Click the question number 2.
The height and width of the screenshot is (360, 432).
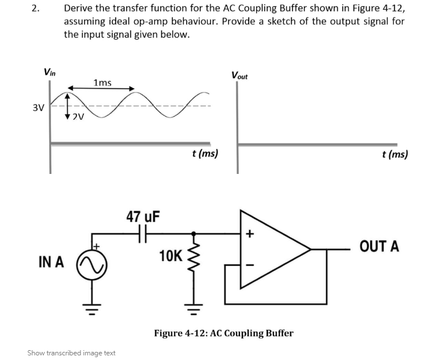point(36,9)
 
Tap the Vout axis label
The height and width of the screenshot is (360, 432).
point(239,75)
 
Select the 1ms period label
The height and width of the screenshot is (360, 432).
point(102,83)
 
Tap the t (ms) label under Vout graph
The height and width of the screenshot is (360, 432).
point(395,154)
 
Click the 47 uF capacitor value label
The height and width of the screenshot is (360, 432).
point(143,217)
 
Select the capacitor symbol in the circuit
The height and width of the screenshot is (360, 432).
point(143,233)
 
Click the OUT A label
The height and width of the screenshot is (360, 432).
point(379,247)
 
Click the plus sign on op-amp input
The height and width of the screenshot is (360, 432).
point(250,234)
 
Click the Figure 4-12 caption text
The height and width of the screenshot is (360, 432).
point(223,333)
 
